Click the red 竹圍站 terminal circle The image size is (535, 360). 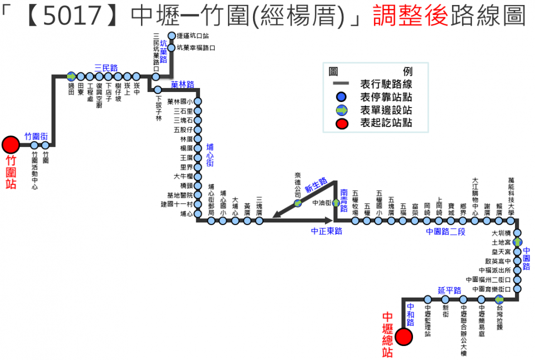point(10,145)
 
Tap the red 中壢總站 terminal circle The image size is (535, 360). point(404,336)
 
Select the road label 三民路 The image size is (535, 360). point(106,68)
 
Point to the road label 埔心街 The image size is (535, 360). point(210,155)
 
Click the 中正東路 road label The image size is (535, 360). point(327,230)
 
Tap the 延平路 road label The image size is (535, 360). point(449,290)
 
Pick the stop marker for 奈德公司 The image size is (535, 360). point(298,203)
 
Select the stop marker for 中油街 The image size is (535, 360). point(336,203)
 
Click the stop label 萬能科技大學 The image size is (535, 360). point(511,194)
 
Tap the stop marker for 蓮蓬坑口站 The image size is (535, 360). point(172,36)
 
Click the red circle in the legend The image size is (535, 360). point(342,123)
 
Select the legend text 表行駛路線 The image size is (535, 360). point(386,85)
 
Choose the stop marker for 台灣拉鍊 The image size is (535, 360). point(499,300)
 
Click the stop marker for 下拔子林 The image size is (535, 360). point(158,90)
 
